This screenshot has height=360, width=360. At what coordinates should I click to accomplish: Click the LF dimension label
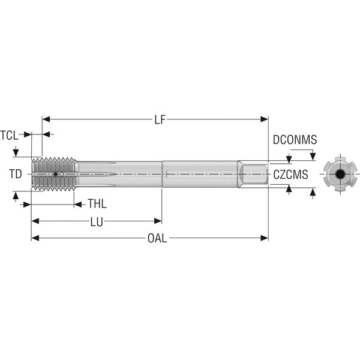click(160, 119)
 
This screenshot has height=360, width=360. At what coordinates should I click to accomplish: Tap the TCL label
click(9, 135)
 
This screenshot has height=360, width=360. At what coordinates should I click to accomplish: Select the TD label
click(16, 174)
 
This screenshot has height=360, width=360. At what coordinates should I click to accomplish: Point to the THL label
click(97, 203)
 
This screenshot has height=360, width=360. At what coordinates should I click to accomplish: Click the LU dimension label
click(97, 222)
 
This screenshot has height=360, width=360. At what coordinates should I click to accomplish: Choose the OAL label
click(157, 238)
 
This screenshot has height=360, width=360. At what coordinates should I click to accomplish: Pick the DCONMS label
click(295, 140)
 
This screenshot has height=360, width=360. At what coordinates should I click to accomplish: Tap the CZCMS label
click(290, 175)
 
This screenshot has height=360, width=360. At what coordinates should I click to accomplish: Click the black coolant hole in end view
click(340, 174)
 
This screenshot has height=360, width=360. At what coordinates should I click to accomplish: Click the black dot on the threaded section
click(56, 174)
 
